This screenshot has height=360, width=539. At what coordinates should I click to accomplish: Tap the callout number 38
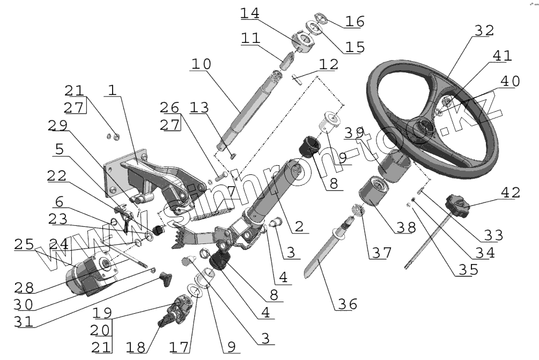click(x=404, y=227)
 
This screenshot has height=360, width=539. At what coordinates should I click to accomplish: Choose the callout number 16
click(x=354, y=22)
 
